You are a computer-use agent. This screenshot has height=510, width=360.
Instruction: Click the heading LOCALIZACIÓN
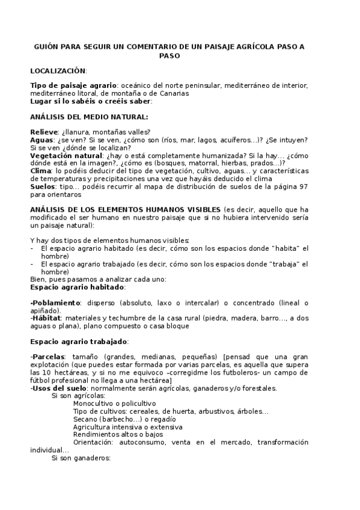(x=58, y=71)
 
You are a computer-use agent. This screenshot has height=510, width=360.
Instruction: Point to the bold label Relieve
(x=44, y=132)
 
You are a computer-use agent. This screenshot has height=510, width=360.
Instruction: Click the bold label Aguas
(x=41, y=140)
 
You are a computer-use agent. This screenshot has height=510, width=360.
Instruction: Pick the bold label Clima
(x=40, y=171)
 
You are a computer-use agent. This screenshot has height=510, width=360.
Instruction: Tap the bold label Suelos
(x=43, y=186)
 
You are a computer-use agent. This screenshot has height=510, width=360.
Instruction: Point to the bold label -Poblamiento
(x=55, y=303)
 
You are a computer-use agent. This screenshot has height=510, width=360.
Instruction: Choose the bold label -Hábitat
(x=46, y=318)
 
